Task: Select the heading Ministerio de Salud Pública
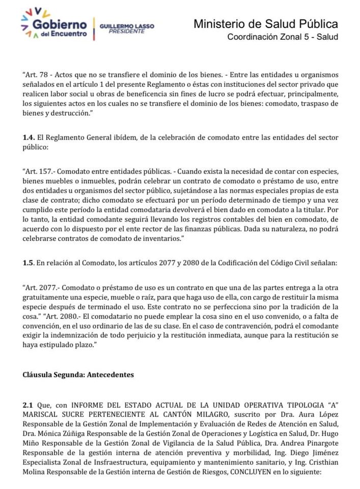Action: point(266,23)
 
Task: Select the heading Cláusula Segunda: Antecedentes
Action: point(78,375)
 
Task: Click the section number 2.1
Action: point(28,404)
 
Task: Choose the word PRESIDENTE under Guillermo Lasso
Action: point(127,31)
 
